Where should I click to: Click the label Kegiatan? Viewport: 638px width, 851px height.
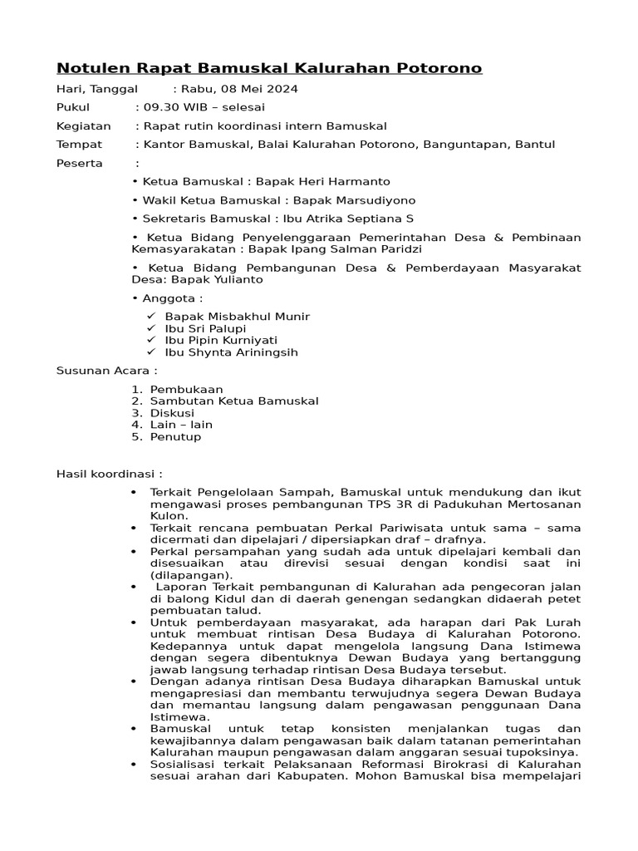pyautogui.click(x=83, y=126)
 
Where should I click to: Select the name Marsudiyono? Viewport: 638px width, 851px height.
pyautogui.click(x=372, y=200)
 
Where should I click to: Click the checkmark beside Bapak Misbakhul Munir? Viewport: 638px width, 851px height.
pyautogui.click(x=151, y=317)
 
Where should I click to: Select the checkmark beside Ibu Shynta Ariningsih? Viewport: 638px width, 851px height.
pyautogui.click(x=151, y=352)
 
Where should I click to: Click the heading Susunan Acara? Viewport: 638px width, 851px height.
pyautogui.click(x=106, y=371)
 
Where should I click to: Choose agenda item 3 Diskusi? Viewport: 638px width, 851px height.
pyautogui.click(x=172, y=413)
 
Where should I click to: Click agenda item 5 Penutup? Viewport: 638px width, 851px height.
pyautogui.click(x=175, y=436)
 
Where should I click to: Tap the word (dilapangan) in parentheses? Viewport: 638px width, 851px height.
pyautogui.click(x=186, y=575)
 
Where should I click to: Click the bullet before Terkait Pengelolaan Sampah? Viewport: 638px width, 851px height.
pyautogui.click(x=134, y=493)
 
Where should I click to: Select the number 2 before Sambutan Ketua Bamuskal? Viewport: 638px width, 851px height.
pyautogui.click(x=136, y=401)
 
